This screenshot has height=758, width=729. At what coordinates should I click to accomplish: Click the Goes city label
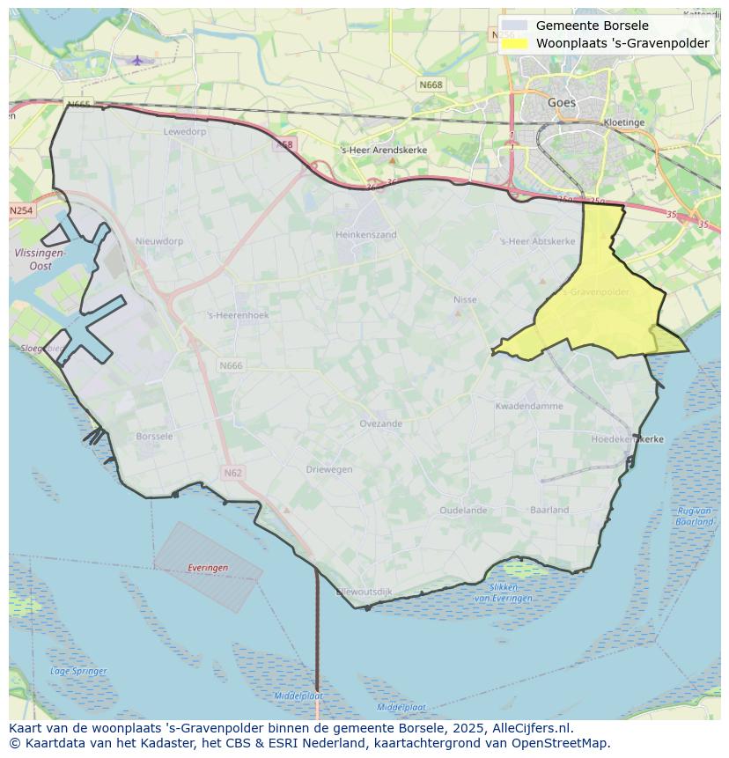click(562, 103)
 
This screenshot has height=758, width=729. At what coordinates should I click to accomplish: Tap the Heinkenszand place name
click(365, 235)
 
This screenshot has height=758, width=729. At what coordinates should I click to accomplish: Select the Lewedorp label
click(185, 132)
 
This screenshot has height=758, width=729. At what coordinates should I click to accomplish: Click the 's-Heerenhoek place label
click(238, 315)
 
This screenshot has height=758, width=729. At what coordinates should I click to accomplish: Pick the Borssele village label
click(155, 437)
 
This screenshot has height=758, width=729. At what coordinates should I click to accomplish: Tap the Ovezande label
click(380, 424)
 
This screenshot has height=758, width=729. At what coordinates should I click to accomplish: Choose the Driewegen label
click(329, 470)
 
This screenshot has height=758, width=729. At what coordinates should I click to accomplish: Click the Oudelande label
click(463, 511)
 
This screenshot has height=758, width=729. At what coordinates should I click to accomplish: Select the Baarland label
click(549, 511)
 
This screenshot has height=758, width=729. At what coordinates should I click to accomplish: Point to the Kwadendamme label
click(528, 407)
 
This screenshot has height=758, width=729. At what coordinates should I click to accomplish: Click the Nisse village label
click(465, 300)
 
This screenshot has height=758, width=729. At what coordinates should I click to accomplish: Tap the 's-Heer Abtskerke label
click(537, 241)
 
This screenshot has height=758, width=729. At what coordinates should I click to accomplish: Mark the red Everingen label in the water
click(208, 569)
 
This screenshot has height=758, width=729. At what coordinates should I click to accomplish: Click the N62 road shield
click(232, 474)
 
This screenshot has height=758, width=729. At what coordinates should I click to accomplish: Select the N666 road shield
click(231, 365)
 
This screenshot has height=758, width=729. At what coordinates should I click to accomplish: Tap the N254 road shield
click(21, 211)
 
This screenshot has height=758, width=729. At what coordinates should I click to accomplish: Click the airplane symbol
click(137, 60)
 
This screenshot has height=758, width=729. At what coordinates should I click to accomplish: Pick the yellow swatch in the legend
click(515, 43)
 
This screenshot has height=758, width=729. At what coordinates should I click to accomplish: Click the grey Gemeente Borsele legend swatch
click(515, 26)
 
